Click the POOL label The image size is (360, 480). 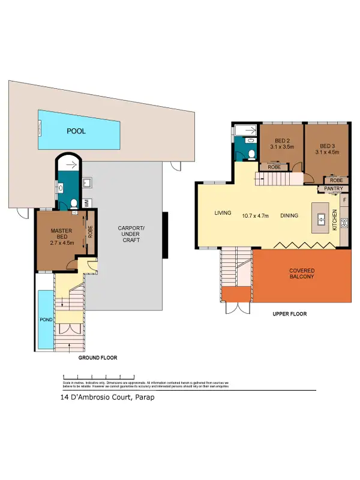(x=76, y=130)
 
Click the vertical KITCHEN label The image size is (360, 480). (x=335, y=221)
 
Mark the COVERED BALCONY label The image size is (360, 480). (x=302, y=274)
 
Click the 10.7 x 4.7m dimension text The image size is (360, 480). (x=255, y=215)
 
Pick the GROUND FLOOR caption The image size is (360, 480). (x=98, y=358)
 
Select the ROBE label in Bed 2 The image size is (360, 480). (x=274, y=167)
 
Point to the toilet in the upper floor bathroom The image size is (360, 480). (x=251, y=154)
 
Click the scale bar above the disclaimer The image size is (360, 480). (x=99, y=377)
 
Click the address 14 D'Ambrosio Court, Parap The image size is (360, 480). (x=103, y=397)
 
